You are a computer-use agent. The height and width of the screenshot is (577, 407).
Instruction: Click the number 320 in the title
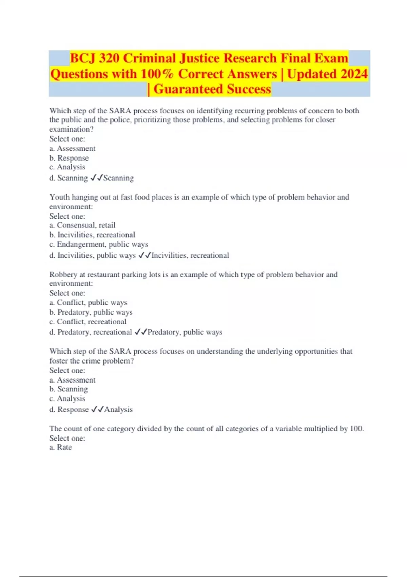[x=109, y=58]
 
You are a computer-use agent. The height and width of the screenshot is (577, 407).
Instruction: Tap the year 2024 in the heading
[x=354, y=74]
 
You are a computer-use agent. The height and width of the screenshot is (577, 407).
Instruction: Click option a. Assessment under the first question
[x=72, y=148]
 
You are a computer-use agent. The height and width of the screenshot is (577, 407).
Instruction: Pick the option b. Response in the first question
[x=69, y=158]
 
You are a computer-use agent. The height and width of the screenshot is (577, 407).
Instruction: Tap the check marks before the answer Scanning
[x=96, y=178]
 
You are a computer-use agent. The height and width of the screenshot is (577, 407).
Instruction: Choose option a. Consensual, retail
[x=82, y=225]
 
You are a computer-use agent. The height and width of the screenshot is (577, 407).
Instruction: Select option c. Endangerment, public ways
[x=98, y=244]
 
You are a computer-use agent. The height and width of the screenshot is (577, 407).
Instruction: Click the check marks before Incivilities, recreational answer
[x=145, y=255]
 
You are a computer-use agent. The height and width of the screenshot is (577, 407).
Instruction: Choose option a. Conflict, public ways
[x=88, y=302]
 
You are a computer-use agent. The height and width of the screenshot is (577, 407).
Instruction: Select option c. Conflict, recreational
[x=88, y=321]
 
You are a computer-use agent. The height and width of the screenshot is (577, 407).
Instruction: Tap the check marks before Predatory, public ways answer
[x=141, y=332]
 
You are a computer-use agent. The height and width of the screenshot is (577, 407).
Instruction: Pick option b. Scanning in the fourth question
[x=68, y=389]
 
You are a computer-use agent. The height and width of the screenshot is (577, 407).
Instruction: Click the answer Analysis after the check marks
[x=118, y=409]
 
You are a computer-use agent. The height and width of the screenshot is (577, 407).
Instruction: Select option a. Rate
[x=60, y=447]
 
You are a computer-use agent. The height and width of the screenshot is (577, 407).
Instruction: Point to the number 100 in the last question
[x=356, y=429]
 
